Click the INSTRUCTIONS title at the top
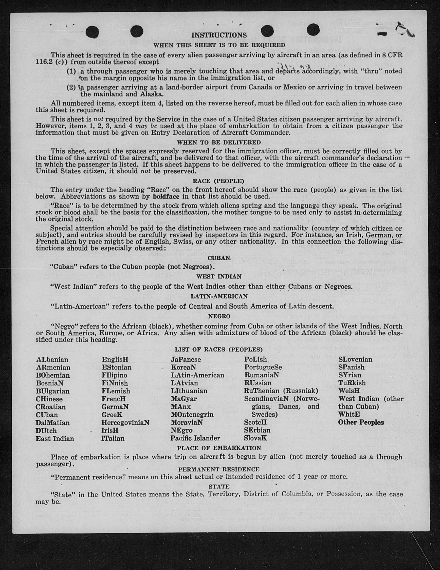[x=219, y=35]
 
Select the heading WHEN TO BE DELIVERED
[x=219, y=142]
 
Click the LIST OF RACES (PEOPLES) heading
[x=219, y=350]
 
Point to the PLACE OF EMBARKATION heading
[x=219, y=448]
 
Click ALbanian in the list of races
[x=52, y=360]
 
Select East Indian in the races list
[x=55, y=438]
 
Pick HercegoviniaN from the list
[x=125, y=422]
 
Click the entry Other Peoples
[x=361, y=422]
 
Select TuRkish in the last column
[x=352, y=383]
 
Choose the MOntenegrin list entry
[x=192, y=414]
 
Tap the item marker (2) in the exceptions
[x=71, y=87]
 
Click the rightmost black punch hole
[x=313, y=31]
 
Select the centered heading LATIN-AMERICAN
[x=219, y=296]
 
